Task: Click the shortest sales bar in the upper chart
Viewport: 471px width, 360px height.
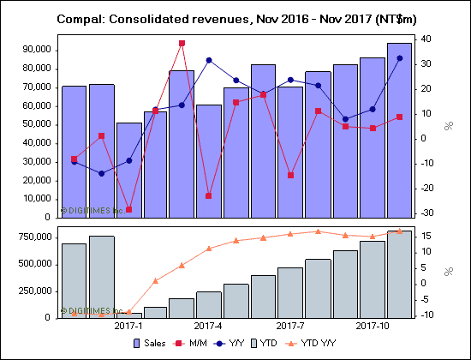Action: (129, 170)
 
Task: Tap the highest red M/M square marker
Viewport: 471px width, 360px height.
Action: (182, 43)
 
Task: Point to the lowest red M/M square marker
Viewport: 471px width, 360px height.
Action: (129, 209)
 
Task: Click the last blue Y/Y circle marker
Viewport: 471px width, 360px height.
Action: (399, 58)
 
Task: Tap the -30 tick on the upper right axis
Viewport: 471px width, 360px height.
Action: (426, 213)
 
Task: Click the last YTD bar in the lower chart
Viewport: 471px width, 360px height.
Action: (399, 274)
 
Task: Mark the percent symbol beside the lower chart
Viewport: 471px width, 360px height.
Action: (448, 272)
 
